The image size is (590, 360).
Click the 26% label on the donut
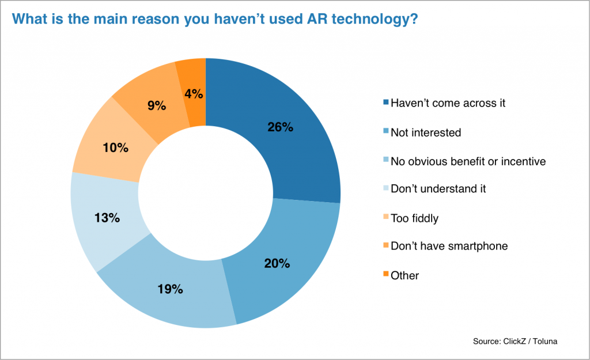pos(281,127)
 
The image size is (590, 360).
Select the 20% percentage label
pos(278,263)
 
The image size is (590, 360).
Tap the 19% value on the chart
pos(170,289)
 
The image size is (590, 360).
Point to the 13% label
pos(107,218)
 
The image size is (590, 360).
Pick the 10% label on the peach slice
pos(115,148)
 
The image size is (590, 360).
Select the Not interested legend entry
pos(426,132)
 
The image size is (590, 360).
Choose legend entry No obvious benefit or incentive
pos(467,161)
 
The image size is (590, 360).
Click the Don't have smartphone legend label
pos(449,247)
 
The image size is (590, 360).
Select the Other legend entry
pos(404,275)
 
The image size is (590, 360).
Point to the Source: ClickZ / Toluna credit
pos(515,342)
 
